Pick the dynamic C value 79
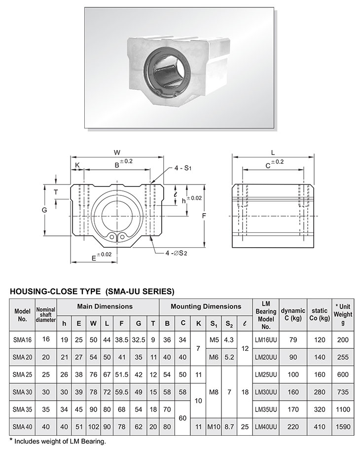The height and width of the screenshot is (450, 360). pos(293,340)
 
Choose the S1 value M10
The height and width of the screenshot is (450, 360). pos(214,425)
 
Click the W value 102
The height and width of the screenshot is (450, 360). pos(92,425)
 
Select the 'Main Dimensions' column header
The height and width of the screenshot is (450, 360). pos(105,306)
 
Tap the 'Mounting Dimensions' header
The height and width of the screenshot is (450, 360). pos(206,306)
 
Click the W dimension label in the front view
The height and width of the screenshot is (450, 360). pos(117,152)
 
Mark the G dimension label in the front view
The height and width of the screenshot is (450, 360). pos(44,210)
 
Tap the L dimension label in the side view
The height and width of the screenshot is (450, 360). pos(273,152)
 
